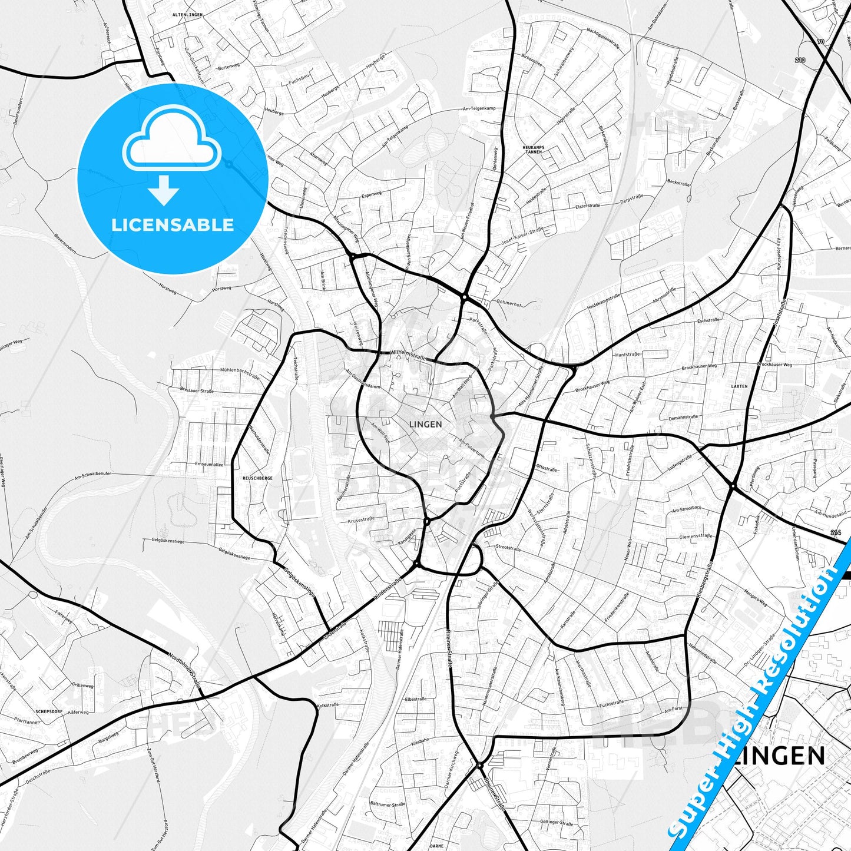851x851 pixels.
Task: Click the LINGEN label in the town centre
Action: (425, 424)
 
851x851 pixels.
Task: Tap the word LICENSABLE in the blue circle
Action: (173, 225)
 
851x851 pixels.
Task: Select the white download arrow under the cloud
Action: (164, 190)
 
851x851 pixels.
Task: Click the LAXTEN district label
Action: (739, 386)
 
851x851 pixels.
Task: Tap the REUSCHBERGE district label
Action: (257, 478)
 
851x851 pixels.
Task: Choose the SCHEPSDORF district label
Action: (49, 711)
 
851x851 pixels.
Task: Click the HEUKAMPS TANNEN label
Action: (532, 149)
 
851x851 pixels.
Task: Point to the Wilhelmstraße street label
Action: (408, 355)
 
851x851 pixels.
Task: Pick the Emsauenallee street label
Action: (209, 464)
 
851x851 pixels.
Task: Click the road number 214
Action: (837, 533)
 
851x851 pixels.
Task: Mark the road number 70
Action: (820, 42)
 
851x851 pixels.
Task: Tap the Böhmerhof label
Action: (509, 304)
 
